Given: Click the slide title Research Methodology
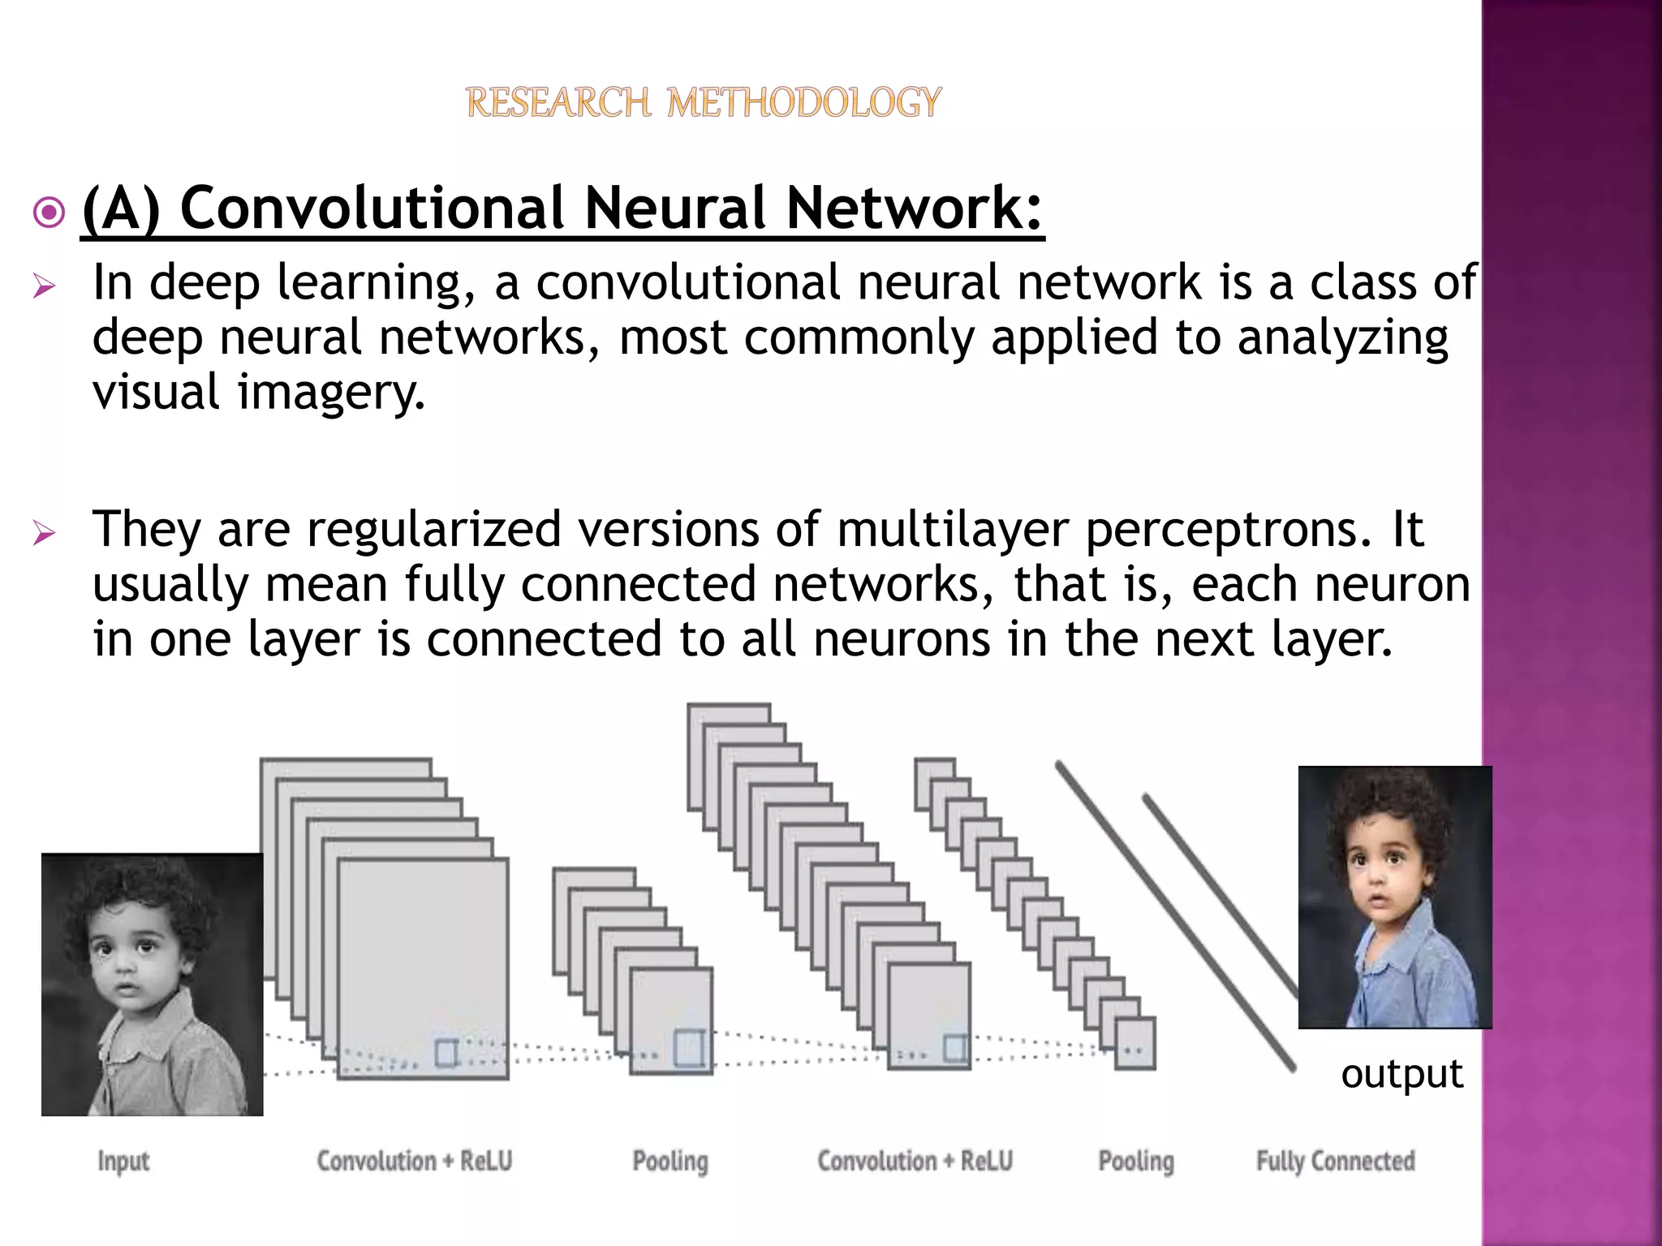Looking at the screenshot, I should click(704, 103).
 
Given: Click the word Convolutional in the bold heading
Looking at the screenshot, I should click(371, 208).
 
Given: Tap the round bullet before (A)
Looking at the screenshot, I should click(50, 213).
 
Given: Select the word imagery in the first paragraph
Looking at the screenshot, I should click(330, 393).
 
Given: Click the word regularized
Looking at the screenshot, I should click(433, 530).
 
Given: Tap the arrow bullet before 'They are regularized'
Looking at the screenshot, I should click(44, 534).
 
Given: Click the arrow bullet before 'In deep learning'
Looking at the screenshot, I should click(44, 286).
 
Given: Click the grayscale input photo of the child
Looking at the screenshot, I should click(152, 984).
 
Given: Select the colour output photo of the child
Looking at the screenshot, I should click(1394, 897).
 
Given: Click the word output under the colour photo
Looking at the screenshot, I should click(1402, 1074).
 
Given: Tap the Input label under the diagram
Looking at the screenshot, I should click(123, 1162).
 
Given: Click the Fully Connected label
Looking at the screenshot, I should click(1335, 1162).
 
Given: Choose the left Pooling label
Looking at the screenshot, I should click(670, 1162).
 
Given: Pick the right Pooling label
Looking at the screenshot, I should click(1136, 1162).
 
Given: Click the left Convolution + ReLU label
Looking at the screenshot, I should click(414, 1162).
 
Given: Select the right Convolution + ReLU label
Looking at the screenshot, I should click(915, 1162).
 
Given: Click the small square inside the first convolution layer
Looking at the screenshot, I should click(446, 1053).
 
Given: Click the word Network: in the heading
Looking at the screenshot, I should click(914, 208).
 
